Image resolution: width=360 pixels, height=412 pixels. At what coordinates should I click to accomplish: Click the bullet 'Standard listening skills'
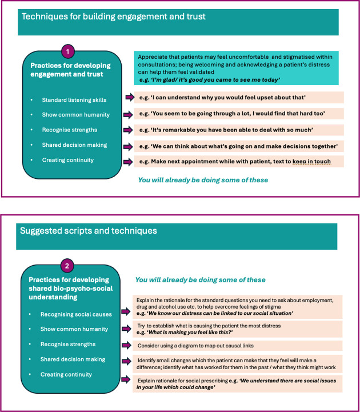pyautogui.click(x=74, y=100)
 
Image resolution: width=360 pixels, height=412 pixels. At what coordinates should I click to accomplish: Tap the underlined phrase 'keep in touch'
pyautogui.click(x=311, y=162)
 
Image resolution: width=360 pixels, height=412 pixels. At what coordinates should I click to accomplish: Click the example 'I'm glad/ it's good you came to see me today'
pyautogui.click(x=209, y=81)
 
